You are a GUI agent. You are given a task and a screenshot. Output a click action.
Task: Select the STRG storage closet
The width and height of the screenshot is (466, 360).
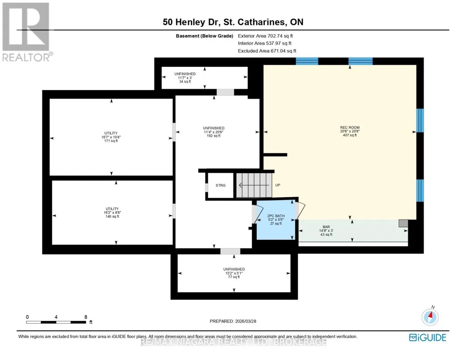pos(220,185)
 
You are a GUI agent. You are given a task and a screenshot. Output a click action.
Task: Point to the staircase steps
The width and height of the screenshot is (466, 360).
pos(254,185)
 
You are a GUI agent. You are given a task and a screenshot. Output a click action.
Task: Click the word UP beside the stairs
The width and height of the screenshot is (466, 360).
pos(278,185)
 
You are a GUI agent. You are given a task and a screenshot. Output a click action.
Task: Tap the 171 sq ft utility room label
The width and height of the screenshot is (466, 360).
pos(111,137)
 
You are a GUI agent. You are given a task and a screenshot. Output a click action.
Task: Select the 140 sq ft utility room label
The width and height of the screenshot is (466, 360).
pos(112,213)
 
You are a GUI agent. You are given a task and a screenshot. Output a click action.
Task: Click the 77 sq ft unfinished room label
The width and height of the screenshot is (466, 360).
pos(234,273)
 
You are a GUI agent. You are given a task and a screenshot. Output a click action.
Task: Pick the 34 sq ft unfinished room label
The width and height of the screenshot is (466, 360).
pos(185,78)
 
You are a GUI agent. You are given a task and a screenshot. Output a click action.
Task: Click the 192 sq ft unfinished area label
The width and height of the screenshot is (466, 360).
pos(213,132)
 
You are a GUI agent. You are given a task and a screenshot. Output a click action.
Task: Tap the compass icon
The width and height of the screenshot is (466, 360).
pos(430,317)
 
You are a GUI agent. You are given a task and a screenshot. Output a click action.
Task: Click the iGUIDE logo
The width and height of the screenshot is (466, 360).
pos(427,338)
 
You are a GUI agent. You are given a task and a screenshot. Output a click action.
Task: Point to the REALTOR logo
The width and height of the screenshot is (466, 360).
pos(27,32)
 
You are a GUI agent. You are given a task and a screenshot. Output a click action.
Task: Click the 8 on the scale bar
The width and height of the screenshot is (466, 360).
pos(85,317)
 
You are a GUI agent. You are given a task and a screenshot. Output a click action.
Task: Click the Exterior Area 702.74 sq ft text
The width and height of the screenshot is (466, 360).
pos(265,36)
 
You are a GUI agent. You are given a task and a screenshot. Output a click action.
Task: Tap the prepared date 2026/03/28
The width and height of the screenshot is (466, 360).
pos(246,321)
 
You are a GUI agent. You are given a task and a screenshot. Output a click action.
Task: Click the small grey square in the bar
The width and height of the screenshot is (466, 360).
pos(403,223)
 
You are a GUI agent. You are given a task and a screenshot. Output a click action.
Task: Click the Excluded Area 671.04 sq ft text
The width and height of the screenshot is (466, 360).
pos(267,51)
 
